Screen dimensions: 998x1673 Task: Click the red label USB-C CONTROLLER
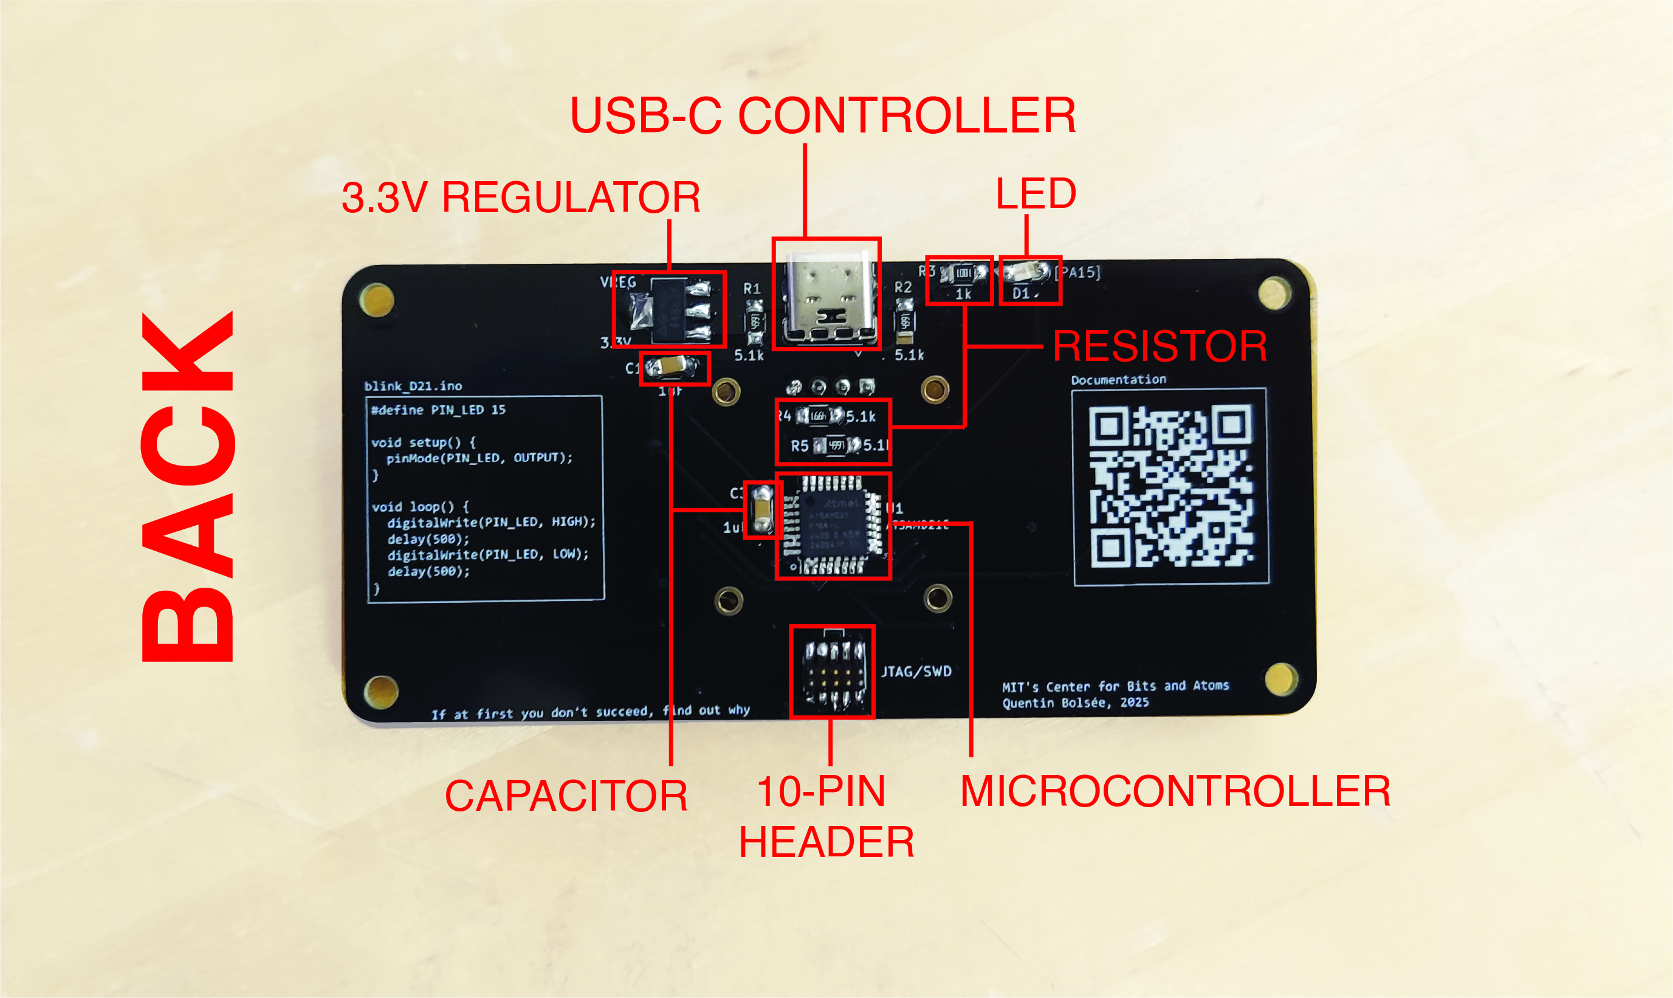[x=822, y=115]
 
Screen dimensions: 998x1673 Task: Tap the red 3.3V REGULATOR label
[x=521, y=198]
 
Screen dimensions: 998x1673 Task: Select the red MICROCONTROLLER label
[x=1175, y=791]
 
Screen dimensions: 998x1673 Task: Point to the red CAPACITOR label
[x=566, y=796]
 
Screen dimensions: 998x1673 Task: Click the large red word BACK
[x=188, y=487]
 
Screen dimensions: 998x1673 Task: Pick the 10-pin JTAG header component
[x=833, y=672]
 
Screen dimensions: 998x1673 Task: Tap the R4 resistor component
[x=819, y=416]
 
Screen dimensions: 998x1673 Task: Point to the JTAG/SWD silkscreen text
[x=916, y=671]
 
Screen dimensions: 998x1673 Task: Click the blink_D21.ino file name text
[x=413, y=386]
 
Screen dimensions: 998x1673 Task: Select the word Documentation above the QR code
[x=1118, y=380]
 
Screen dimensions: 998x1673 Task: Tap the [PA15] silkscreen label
[x=1078, y=272]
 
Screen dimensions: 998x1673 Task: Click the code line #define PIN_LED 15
[x=438, y=410]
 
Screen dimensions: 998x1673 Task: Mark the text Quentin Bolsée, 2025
[x=1075, y=703]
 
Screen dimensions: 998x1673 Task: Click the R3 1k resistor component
[x=962, y=273]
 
